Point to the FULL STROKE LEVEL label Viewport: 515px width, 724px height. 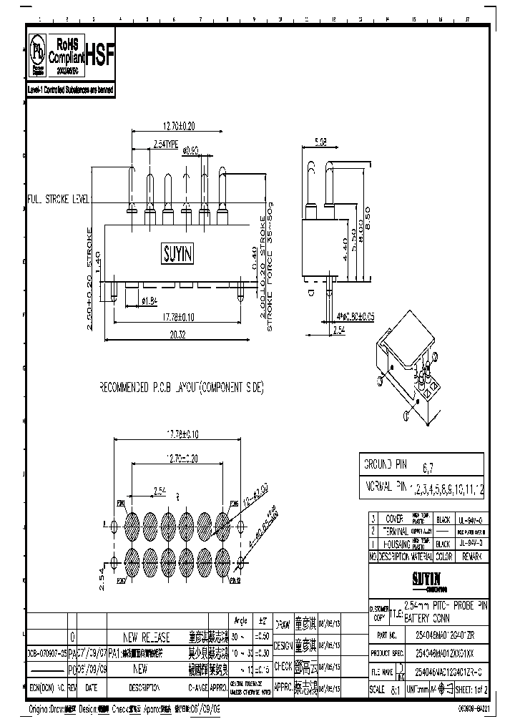point(57,200)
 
